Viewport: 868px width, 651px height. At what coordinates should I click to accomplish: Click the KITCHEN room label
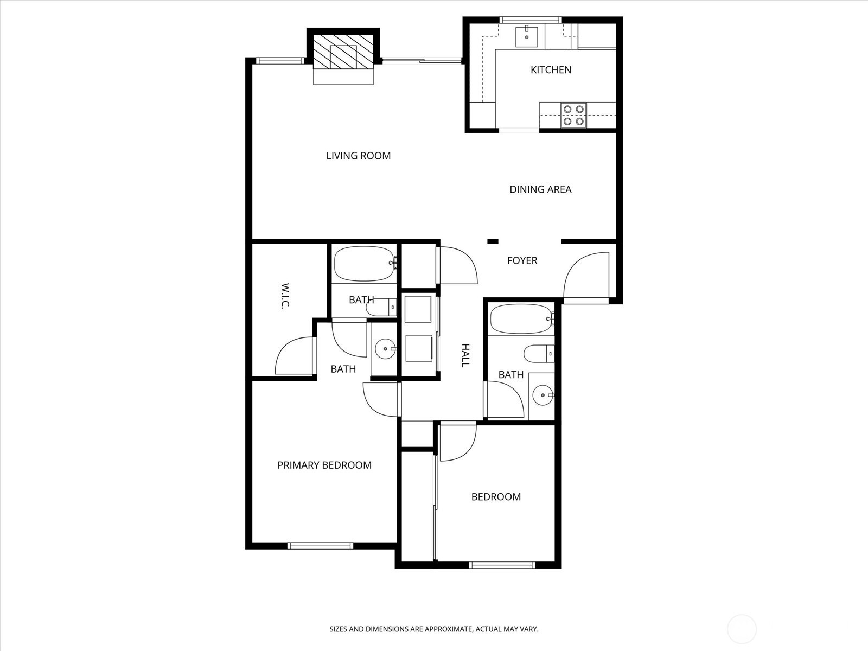(551, 70)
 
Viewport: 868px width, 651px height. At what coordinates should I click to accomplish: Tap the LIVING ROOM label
(358, 156)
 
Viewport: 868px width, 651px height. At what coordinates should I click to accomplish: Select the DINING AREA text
(540, 189)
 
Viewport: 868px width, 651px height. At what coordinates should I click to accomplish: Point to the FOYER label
(522, 260)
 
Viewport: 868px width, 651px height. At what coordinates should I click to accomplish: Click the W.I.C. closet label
(285, 296)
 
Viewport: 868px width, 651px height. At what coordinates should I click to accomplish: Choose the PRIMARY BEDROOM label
(324, 465)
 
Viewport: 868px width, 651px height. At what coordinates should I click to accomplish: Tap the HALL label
(465, 355)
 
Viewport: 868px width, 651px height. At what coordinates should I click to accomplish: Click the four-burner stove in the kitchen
(573, 115)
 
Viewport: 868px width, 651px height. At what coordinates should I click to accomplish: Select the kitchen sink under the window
(527, 37)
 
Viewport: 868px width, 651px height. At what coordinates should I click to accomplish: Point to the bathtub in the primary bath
(365, 264)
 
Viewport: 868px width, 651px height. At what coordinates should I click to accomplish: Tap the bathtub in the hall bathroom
(521, 318)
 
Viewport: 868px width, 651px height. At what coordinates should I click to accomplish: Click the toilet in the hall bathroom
(539, 353)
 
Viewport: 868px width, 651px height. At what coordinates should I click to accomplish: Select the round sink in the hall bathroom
(542, 395)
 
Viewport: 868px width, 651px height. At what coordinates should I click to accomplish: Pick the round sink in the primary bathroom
(385, 349)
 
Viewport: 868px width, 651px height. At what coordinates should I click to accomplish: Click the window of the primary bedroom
(320, 546)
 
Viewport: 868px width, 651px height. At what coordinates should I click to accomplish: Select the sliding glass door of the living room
(422, 60)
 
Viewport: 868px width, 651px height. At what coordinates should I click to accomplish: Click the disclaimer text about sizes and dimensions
(434, 629)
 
